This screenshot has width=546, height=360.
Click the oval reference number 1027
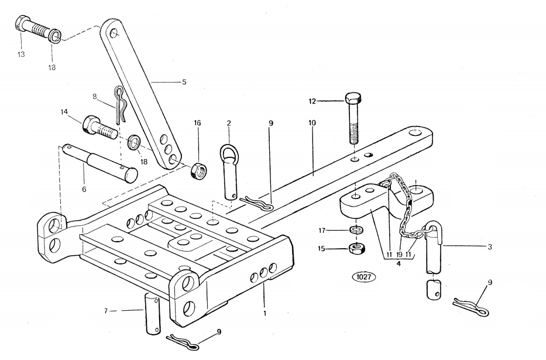(363, 276)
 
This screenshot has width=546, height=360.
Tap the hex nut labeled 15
(355, 248)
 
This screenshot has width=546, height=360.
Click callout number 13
(22, 54)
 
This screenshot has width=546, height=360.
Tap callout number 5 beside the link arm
(184, 83)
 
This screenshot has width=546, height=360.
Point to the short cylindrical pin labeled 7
(152, 314)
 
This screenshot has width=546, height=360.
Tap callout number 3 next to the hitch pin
(489, 246)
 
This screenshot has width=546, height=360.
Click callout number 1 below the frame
(265, 313)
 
